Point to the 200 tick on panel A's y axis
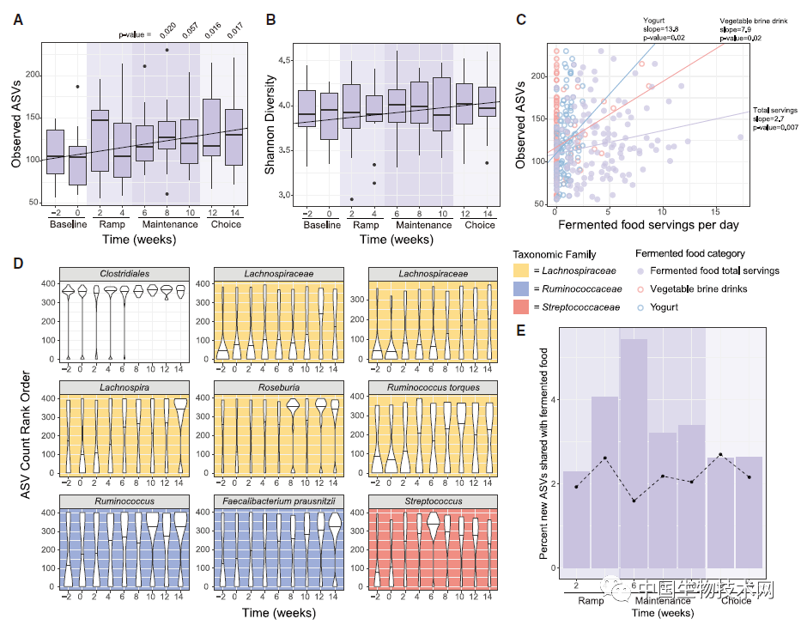tap(32, 76)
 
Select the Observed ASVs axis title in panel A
tap(16, 124)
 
